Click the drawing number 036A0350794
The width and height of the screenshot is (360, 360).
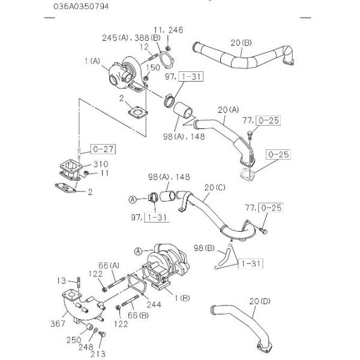click(81, 6)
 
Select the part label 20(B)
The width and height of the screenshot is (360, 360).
click(241, 43)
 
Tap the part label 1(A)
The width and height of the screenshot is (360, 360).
click(92, 61)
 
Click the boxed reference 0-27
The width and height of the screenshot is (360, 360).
click(103, 149)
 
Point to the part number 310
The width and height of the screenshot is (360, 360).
click(101, 164)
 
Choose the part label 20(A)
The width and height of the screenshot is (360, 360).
click(228, 110)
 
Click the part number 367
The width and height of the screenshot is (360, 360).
click(58, 323)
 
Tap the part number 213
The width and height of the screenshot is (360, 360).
click(98, 354)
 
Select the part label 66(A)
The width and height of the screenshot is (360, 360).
click(109, 265)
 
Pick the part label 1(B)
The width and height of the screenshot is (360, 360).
click(182, 298)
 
